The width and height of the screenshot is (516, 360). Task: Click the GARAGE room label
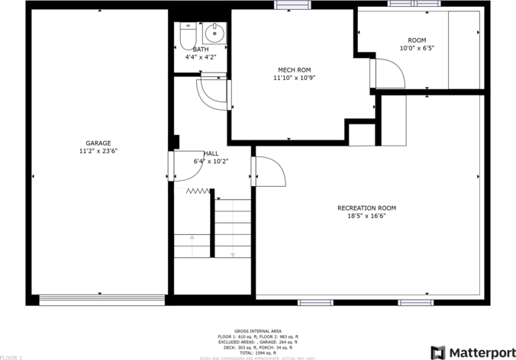[98, 143]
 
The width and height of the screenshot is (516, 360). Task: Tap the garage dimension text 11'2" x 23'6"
[98, 151]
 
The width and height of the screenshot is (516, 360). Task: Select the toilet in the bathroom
[187, 35]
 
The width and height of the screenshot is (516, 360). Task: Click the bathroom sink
[214, 34]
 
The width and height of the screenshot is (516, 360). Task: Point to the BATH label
[200, 50]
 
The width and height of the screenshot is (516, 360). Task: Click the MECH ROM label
[294, 70]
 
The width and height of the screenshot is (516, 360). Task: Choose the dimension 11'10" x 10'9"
[294, 78]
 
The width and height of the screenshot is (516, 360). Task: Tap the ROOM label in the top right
[417, 40]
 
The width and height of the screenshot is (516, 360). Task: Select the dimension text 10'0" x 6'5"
[417, 48]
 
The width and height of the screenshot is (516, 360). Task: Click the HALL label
[211, 153]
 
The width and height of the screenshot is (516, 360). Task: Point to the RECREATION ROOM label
[366, 207]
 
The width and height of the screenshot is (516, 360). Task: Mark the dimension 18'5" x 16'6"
[366, 216]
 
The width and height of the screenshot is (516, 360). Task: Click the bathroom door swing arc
[211, 94]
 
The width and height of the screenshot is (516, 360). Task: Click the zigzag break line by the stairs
[198, 191]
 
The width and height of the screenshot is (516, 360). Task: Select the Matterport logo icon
[438, 352]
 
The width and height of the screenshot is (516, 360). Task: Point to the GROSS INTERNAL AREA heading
[257, 331]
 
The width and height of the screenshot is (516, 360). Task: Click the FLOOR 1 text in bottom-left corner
[11, 357]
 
